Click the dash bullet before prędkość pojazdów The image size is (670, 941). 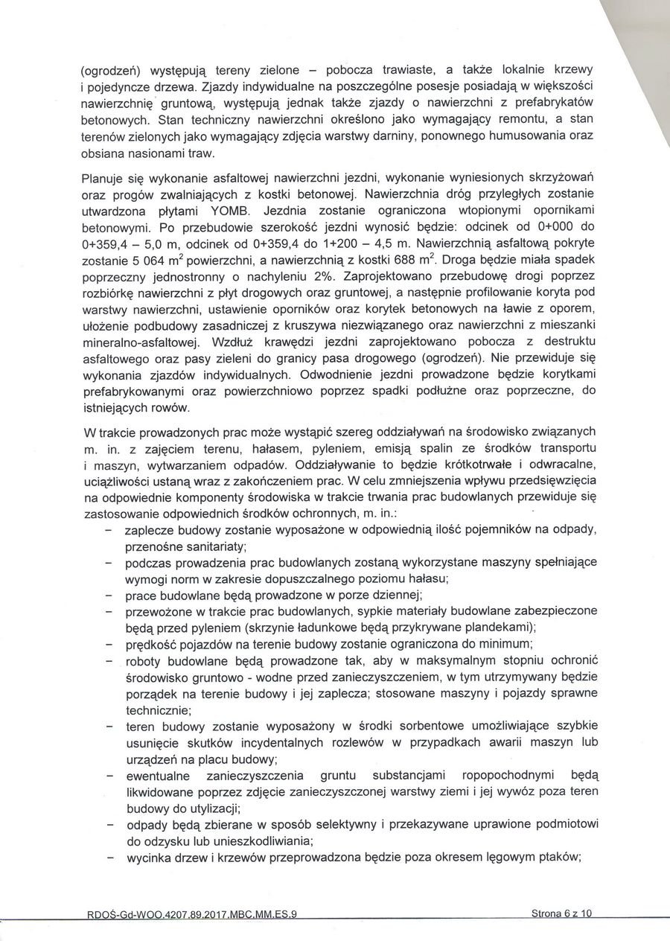(109, 644)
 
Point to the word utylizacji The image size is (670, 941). (204, 808)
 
